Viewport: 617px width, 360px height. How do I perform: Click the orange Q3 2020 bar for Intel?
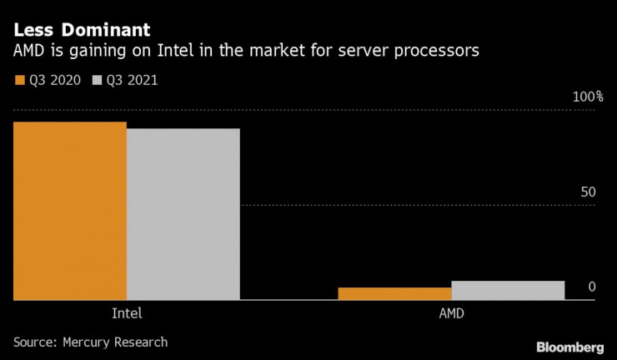tap(69, 211)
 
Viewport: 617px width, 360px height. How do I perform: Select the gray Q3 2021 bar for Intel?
tap(183, 214)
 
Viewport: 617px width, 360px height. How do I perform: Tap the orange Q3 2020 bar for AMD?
tap(394, 293)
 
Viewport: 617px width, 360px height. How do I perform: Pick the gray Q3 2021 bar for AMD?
tap(508, 290)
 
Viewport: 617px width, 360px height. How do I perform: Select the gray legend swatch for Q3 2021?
tap(98, 81)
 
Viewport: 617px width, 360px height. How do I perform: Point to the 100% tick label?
tap(587, 97)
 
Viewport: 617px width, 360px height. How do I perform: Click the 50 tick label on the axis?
tap(589, 192)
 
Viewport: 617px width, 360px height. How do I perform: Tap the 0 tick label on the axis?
tap(592, 287)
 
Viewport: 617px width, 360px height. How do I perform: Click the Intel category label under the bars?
tap(126, 314)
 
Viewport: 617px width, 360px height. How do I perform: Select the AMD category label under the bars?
tap(451, 314)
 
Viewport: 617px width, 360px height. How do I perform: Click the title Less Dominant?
tap(82, 31)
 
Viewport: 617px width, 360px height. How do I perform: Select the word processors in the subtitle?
tap(439, 52)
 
